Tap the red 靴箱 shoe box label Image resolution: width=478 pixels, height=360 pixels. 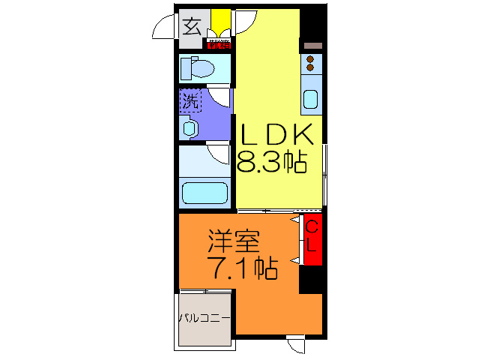220,44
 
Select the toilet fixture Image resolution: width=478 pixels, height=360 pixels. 199,70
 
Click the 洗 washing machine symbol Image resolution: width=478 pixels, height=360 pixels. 190,100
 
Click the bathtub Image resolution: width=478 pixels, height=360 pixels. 205,193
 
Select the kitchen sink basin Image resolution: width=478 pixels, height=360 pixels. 310,98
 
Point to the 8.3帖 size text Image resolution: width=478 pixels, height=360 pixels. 272,162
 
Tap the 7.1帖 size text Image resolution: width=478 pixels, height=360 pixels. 241,267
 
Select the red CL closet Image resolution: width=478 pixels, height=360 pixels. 312,238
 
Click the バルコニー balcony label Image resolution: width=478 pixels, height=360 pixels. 203,318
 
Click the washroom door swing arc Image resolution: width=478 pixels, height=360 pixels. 219,95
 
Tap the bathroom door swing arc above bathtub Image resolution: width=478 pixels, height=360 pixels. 219,154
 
